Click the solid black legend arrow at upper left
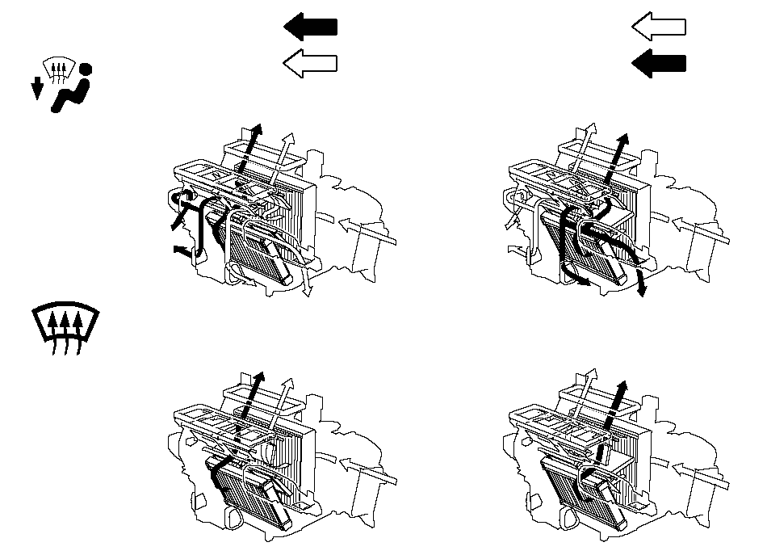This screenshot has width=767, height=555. [x=310, y=27]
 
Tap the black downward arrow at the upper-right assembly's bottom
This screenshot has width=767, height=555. [x=640, y=284]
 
